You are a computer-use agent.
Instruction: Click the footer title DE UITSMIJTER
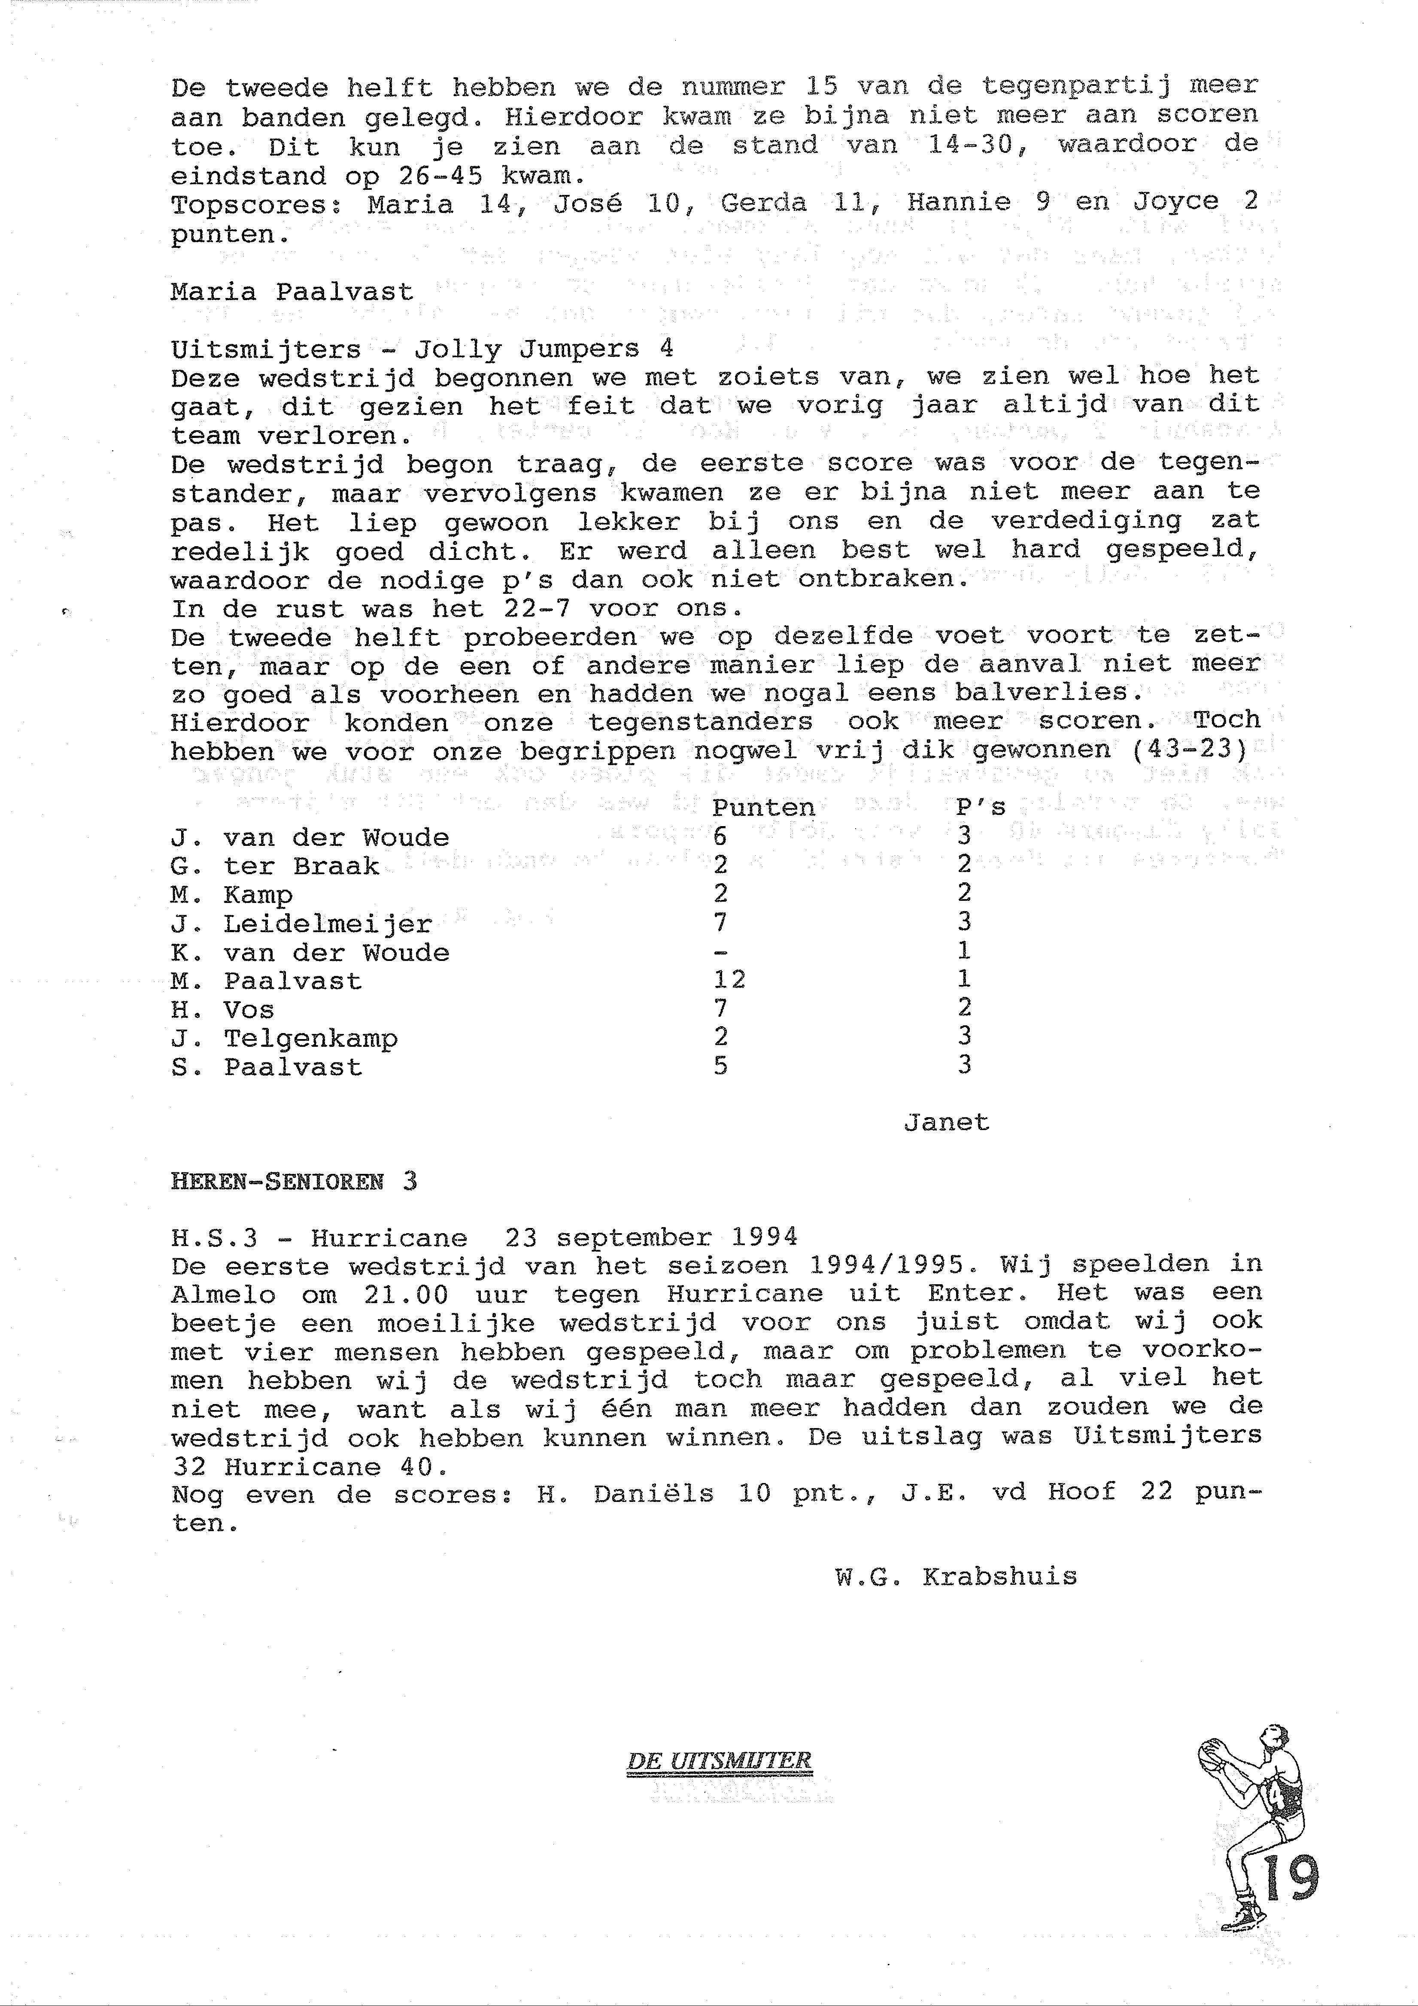[x=719, y=1761]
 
